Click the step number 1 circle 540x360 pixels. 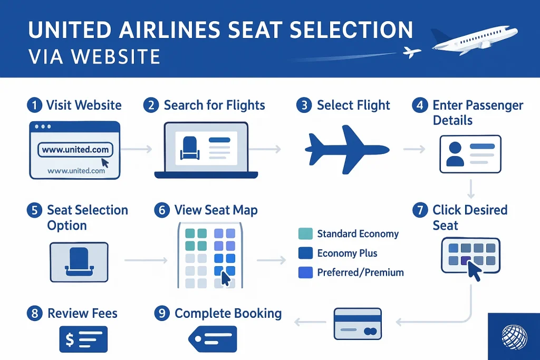[34, 105]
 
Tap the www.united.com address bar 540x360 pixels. [75, 150]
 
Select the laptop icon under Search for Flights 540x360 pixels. [206, 150]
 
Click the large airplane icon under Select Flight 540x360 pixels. [347, 150]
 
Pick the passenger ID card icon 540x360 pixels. [470, 154]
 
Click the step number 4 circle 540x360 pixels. [420, 105]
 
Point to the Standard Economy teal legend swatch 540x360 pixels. [305, 233]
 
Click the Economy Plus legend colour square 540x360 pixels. [305, 253]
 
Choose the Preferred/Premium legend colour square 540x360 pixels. [305, 272]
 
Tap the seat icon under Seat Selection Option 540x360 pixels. [79, 262]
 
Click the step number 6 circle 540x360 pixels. [162, 210]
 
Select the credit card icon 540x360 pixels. [358, 324]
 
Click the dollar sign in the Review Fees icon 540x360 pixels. [70, 339]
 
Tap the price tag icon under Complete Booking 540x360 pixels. [213, 339]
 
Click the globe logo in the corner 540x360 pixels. [514, 337]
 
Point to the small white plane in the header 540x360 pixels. [412, 52]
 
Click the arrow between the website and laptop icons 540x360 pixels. [137, 149]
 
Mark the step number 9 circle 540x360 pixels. [162, 313]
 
